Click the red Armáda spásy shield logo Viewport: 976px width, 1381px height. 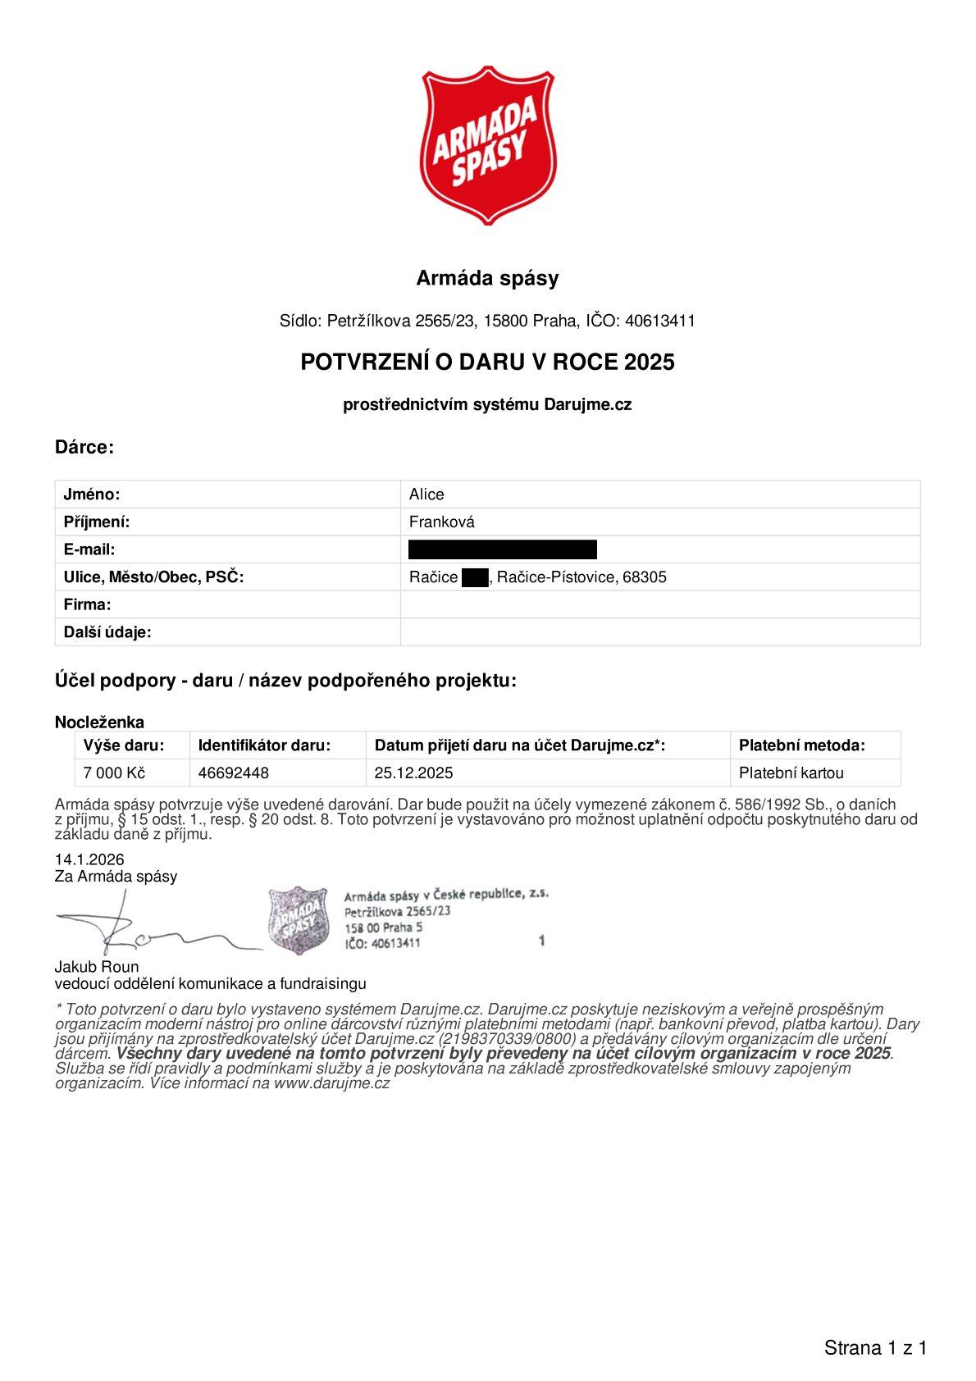point(487,146)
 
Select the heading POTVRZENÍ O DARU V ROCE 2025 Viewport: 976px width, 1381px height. point(487,362)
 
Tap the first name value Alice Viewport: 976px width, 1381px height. point(426,495)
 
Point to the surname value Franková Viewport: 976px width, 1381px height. point(441,522)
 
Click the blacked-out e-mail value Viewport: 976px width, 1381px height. point(502,549)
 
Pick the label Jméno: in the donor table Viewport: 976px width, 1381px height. point(92,495)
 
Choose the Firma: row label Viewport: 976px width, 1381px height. point(87,605)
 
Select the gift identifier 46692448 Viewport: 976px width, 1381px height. point(234,773)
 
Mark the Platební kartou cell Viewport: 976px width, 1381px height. point(791,773)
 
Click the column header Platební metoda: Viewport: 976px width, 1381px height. point(801,745)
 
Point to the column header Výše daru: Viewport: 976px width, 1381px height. point(124,745)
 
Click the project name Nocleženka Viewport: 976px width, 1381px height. point(99,722)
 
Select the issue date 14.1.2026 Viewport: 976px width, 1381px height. point(89,859)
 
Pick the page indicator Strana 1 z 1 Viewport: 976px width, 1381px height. point(875,1347)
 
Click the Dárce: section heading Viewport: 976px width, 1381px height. point(84,447)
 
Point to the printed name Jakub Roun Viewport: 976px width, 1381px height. point(97,967)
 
